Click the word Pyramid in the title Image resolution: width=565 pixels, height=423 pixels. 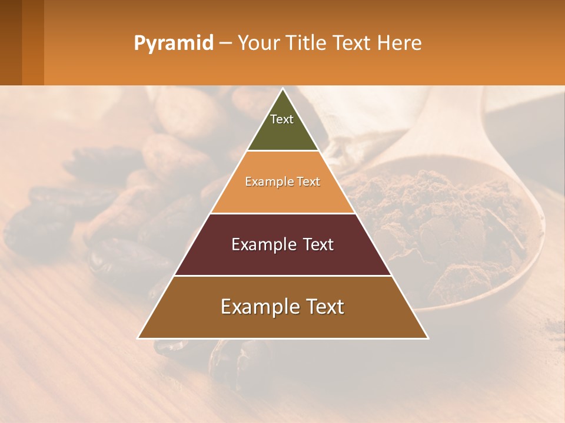click(173, 43)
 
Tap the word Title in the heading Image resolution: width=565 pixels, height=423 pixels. click(306, 43)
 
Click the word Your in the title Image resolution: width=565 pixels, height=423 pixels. click(258, 43)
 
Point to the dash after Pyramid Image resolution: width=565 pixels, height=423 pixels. click(225, 43)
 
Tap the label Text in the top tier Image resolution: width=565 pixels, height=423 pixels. click(282, 119)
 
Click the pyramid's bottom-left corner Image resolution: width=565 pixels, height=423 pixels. click(139, 338)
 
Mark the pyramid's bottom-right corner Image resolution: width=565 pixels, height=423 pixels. click(427, 338)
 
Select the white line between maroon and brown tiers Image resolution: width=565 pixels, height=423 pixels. click(282, 276)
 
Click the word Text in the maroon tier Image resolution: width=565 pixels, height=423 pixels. click(314, 244)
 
